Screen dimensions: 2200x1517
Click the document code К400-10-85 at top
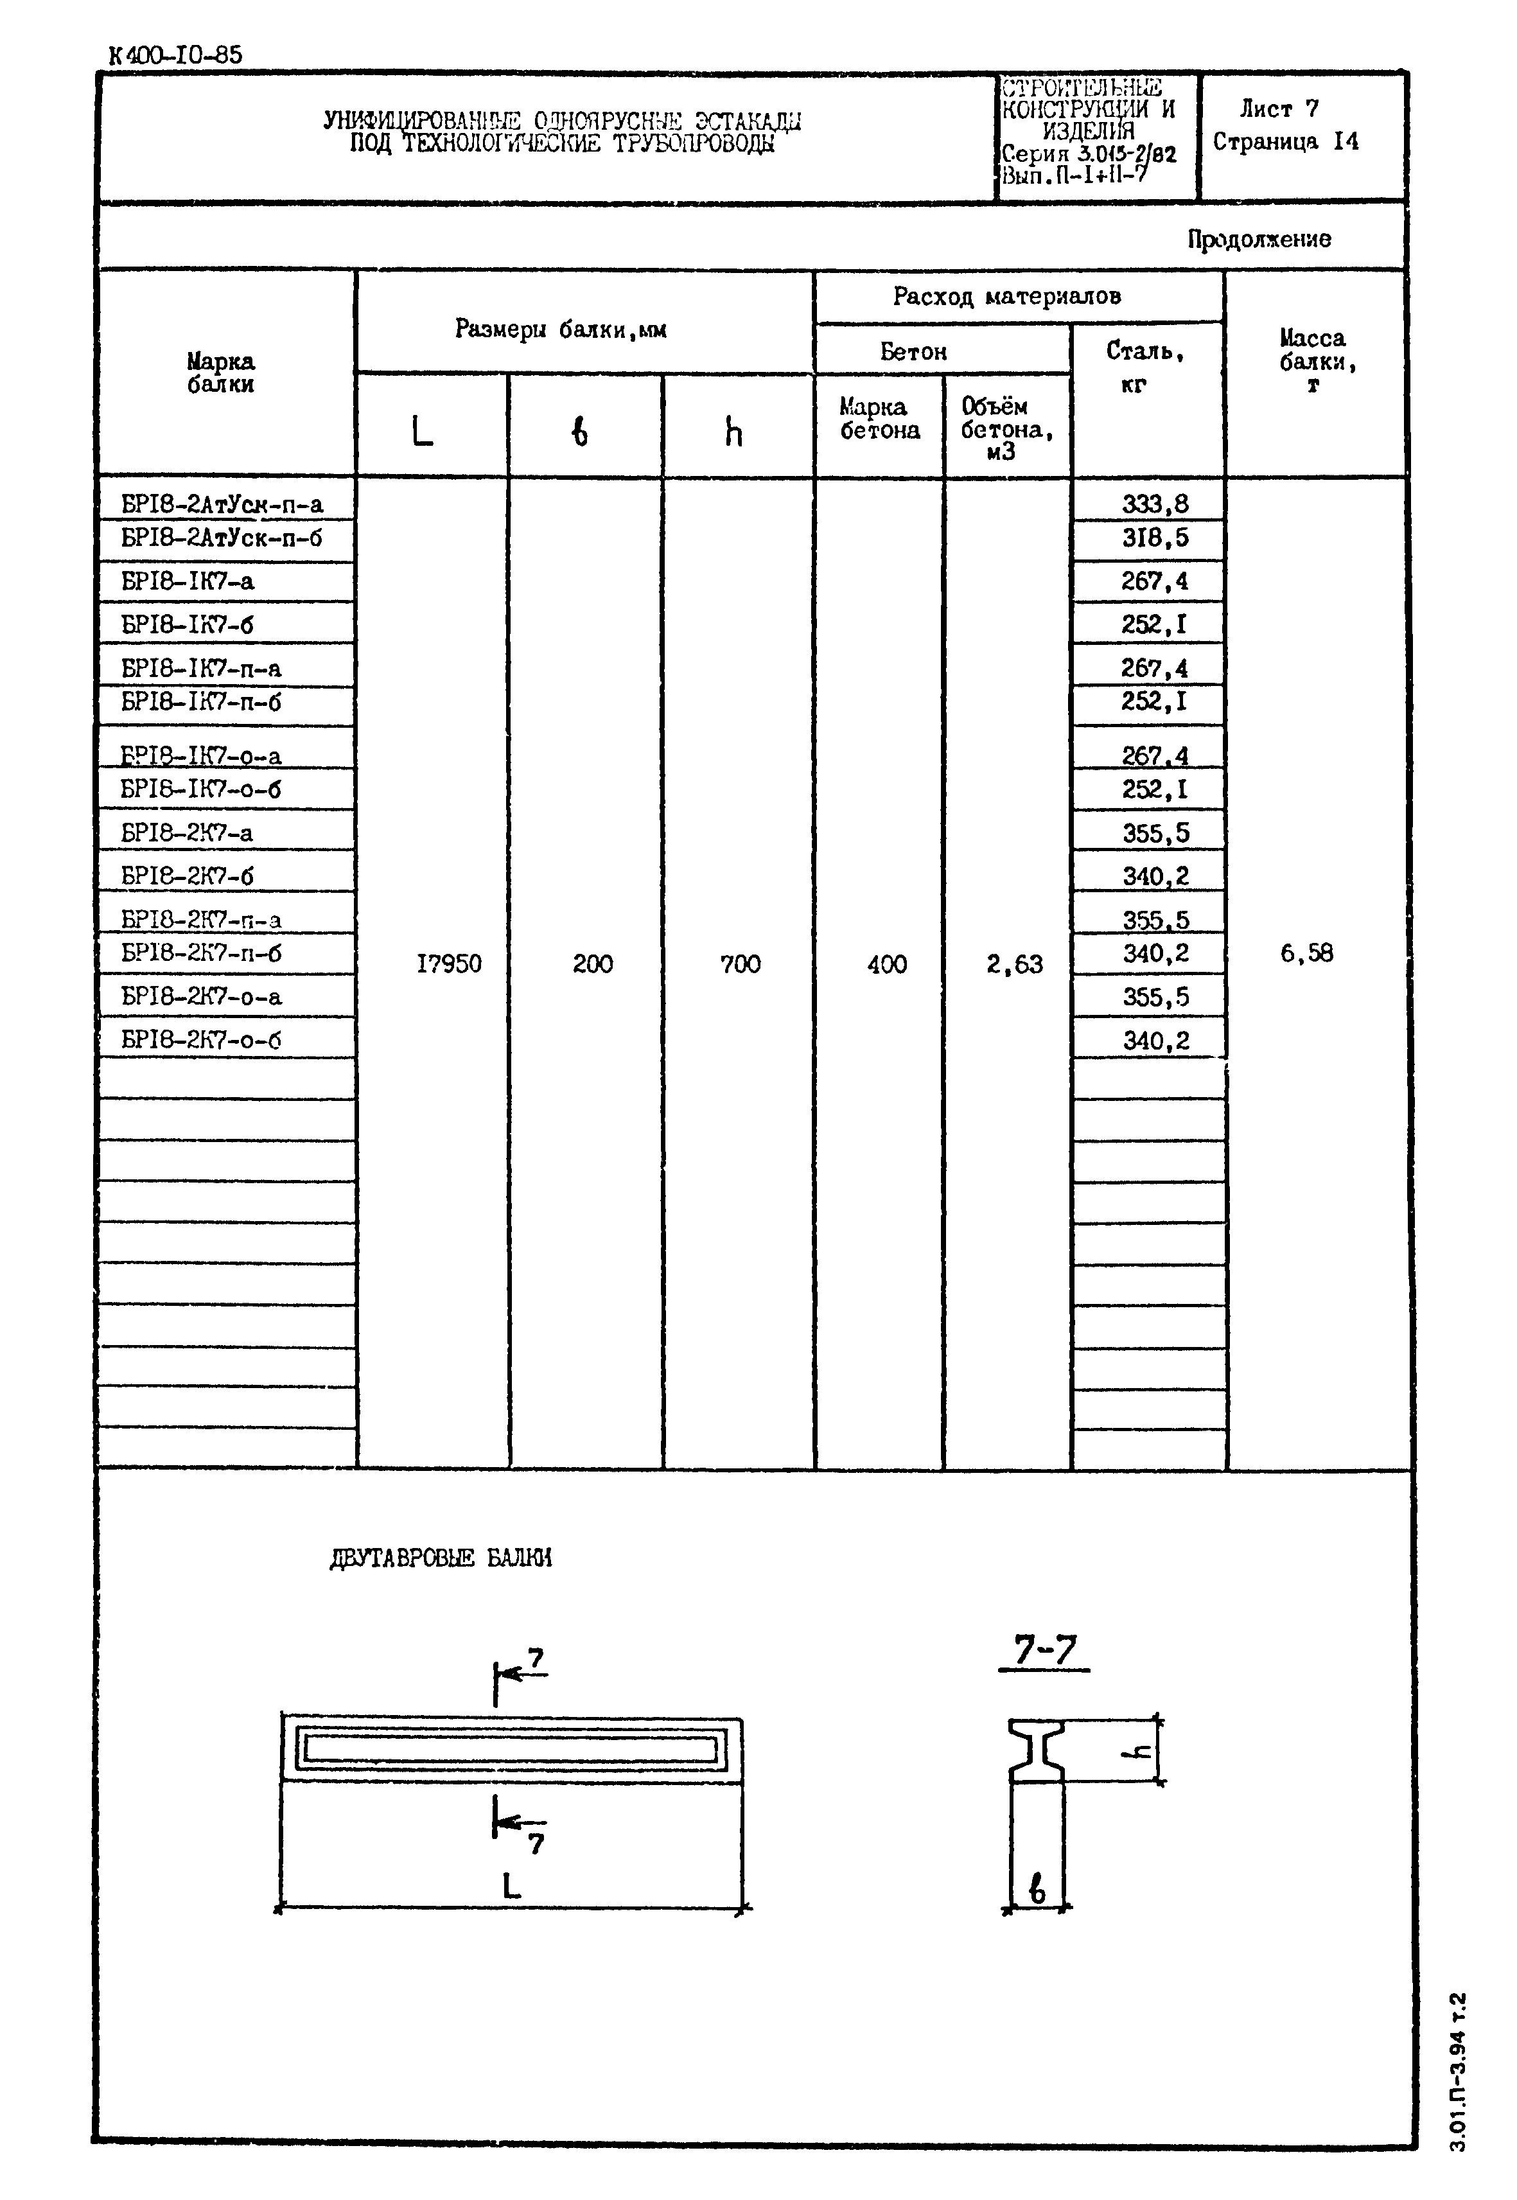(176, 55)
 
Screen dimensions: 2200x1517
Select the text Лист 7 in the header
(1279, 109)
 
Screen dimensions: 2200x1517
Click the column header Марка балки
(220, 373)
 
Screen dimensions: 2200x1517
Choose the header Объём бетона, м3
(1006, 429)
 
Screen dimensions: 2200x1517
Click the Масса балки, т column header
(1313, 361)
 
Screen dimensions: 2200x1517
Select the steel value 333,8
(1155, 504)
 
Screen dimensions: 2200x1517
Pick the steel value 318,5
(1155, 538)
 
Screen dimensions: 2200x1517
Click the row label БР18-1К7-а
(188, 581)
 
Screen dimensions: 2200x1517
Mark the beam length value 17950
(449, 964)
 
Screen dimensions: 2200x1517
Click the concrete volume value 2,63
(1014, 964)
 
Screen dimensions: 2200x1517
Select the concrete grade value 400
(886, 964)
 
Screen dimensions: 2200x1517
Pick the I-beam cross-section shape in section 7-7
(1036, 1749)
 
